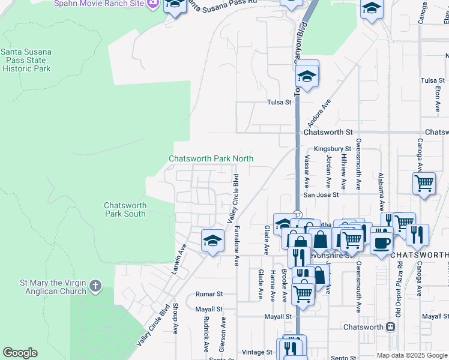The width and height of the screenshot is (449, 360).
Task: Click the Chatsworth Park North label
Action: tap(211, 158)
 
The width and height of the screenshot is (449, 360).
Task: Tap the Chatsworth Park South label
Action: tap(125, 209)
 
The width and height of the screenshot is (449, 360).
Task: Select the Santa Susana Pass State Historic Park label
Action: tap(26, 60)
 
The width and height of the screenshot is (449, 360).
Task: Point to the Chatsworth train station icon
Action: tap(391, 327)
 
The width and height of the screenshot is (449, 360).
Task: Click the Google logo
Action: tap(20, 353)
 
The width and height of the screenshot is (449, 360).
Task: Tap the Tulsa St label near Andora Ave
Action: tap(279, 103)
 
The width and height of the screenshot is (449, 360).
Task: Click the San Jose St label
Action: tap(321, 194)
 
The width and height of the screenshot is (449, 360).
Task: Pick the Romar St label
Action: tap(209, 295)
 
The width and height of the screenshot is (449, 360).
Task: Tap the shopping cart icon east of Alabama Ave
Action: tap(424, 182)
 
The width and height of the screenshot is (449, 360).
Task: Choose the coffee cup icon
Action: tap(381, 242)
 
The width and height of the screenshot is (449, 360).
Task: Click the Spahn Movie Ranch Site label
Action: tap(99, 4)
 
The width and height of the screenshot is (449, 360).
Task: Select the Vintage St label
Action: tap(253, 352)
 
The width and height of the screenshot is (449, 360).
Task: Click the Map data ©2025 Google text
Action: tap(411, 355)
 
